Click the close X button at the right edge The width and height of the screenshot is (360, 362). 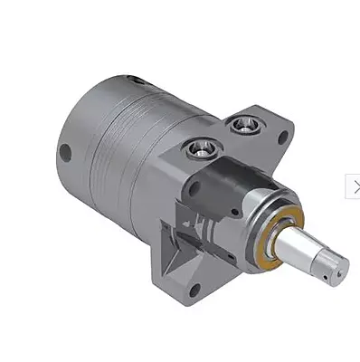point(355,186)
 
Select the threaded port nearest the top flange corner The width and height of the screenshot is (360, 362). point(242,124)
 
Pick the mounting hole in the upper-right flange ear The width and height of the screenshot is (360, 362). point(283,138)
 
